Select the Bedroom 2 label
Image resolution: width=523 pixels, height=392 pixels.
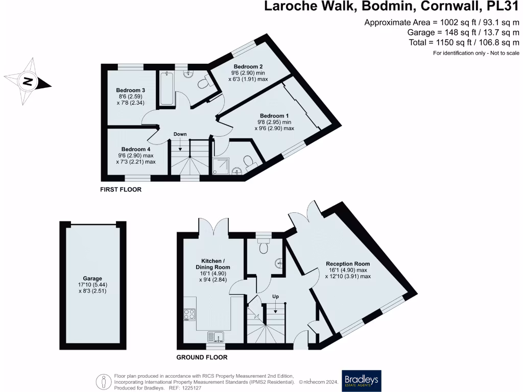click(248, 67)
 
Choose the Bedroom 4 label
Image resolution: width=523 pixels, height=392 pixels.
click(135, 150)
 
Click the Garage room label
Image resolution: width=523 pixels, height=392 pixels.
click(93, 279)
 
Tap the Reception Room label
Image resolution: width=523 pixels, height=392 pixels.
click(348, 264)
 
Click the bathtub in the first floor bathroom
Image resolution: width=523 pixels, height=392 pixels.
click(167, 88)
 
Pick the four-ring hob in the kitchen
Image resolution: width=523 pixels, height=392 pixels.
click(189, 314)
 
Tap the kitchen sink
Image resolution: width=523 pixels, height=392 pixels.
click(215, 337)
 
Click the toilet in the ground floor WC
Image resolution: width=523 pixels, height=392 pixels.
click(264, 247)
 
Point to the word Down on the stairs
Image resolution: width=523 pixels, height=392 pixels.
click(180, 134)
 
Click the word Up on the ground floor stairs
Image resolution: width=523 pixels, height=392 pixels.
click(275, 296)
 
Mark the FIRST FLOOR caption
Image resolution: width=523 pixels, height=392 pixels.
click(121, 189)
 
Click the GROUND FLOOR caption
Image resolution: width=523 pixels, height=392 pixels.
click(202, 357)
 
